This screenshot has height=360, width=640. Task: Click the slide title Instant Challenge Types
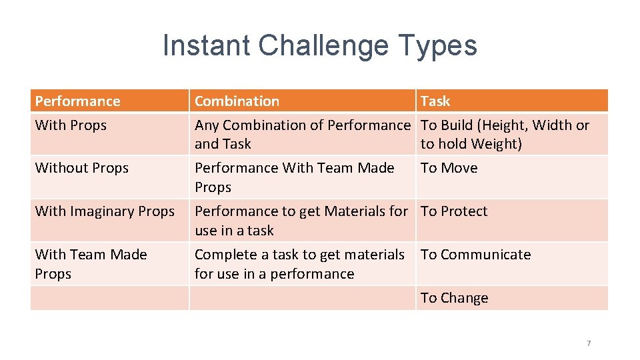320,46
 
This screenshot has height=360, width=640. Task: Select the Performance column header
78,101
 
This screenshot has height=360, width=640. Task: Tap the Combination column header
237,101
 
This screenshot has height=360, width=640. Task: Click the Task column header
435,101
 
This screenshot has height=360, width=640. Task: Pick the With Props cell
71,125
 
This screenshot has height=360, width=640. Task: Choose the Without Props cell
81,168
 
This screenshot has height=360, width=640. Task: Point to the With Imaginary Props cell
104,211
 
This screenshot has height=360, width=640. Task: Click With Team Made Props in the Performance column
91,264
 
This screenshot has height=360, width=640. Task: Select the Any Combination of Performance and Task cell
302,134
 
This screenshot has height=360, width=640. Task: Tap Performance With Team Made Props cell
294,177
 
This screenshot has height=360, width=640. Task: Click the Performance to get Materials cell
301,221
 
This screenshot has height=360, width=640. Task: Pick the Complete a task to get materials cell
299,264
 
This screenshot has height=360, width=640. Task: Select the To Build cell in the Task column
505,134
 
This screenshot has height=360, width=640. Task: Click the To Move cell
449,168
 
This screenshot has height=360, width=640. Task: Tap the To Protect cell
454,211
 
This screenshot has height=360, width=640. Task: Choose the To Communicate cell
475,255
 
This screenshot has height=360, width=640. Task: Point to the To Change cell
454,298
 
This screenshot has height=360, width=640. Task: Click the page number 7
588,343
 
